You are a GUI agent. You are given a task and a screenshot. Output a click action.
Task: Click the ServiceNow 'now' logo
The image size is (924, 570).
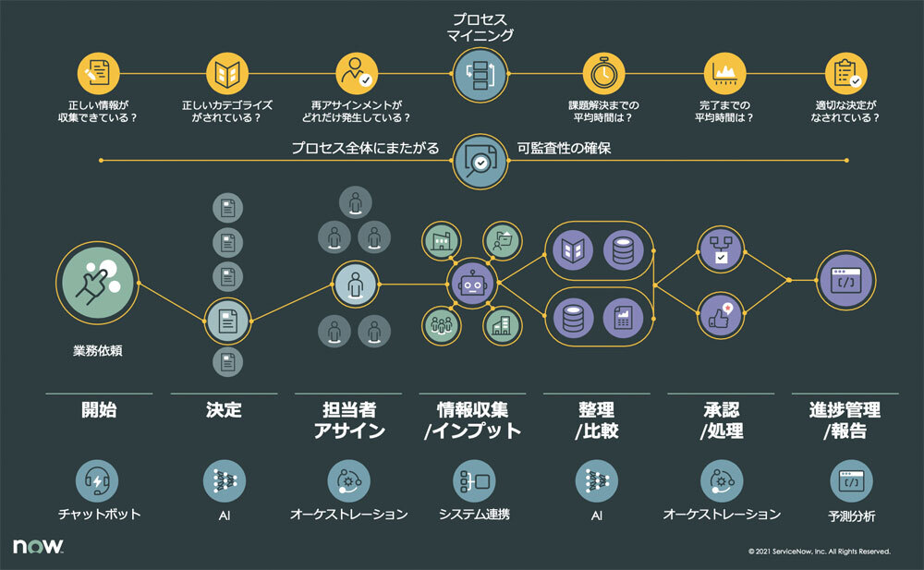pyautogui.click(x=38, y=547)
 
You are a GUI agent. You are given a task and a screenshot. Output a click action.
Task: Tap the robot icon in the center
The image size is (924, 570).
pyautogui.click(x=473, y=284)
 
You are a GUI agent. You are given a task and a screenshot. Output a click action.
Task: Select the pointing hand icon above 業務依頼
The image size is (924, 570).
pyautogui.click(x=97, y=282)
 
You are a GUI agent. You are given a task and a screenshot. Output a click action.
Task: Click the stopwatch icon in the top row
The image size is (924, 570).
pyautogui.click(x=605, y=73)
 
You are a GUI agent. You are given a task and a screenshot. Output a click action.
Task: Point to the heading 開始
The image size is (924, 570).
pyautogui.click(x=99, y=410)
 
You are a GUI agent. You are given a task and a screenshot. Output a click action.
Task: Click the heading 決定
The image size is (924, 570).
pyautogui.click(x=224, y=410)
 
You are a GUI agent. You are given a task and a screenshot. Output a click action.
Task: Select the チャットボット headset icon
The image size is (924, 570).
pyautogui.click(x=99, y=480)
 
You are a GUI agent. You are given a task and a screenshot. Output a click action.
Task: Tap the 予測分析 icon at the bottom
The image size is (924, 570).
pyautogui.click(x=850, y=480)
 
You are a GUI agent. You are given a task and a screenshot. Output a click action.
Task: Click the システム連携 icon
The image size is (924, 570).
pyautogui.click(x=475, y=480)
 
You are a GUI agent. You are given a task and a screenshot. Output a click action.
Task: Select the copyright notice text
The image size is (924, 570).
pyautogui.click(x=820, y=552)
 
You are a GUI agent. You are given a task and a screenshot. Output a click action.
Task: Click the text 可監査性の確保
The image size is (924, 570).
pyautogui.click(x=564, y=148)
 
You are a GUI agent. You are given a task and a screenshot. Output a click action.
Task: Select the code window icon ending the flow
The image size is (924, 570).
pyautogui.click(x=845, y=280)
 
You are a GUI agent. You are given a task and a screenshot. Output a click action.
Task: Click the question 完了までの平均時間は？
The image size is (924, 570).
pyautogui.click(x=725, y=112)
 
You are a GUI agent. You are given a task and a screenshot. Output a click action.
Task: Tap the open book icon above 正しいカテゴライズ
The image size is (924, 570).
pyautogui.click(x=226, y=73)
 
